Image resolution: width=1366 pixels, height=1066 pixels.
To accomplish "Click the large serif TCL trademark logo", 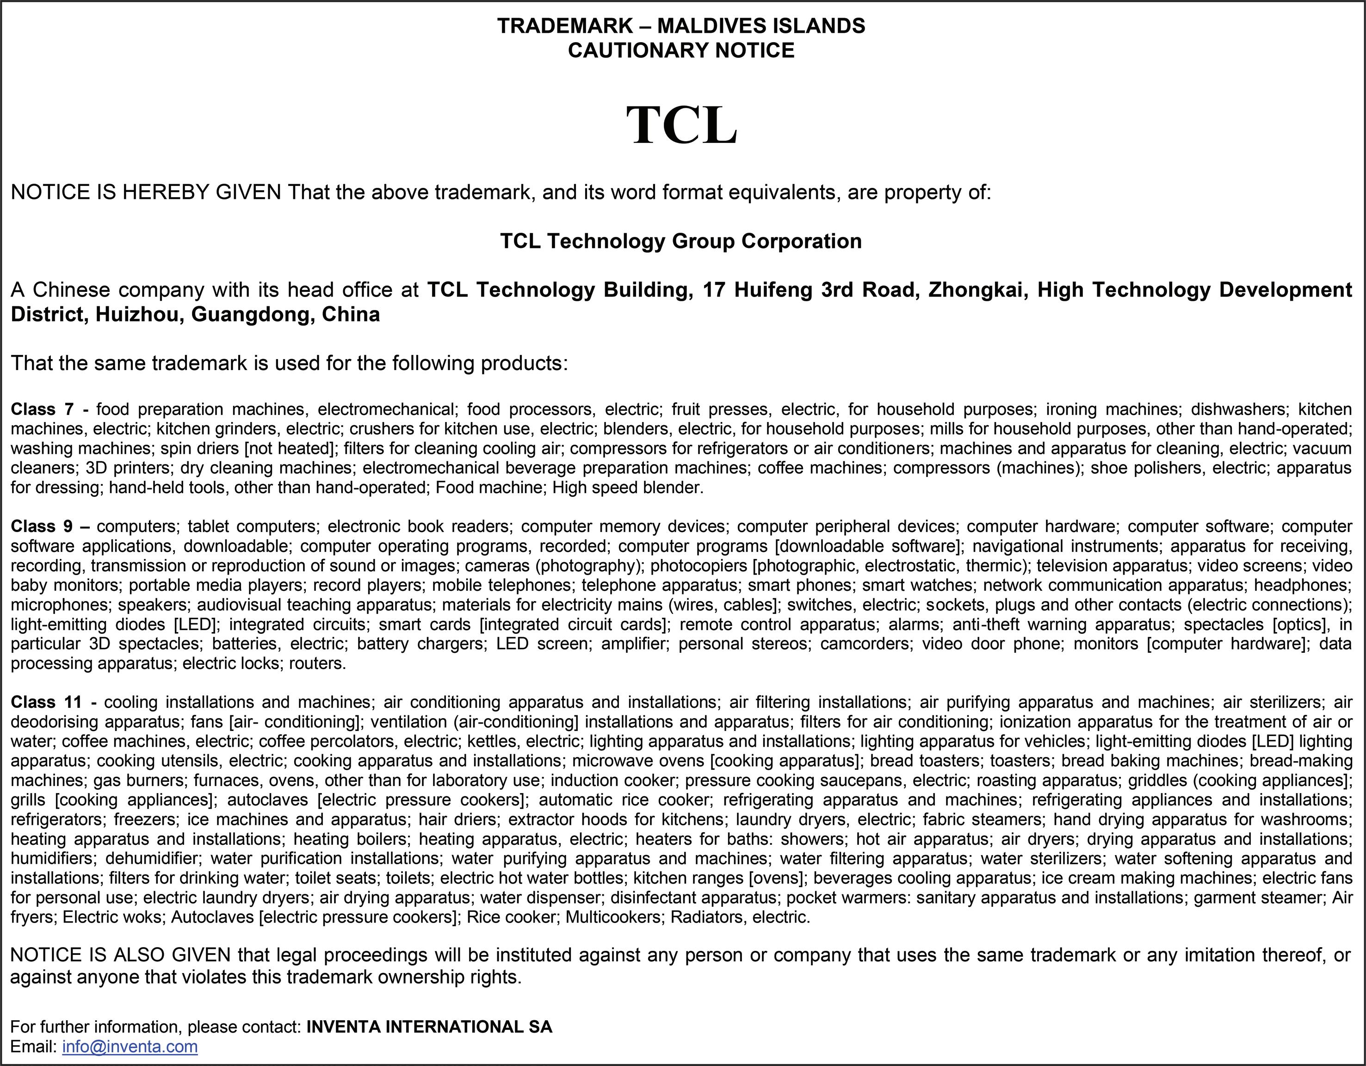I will click(x=682, y=126).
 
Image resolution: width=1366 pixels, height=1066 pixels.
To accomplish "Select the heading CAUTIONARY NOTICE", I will click(x=681, y=50).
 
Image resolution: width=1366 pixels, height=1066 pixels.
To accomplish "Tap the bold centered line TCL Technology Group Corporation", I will click(x=680, y=241).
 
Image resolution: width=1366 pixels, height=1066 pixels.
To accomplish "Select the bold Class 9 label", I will click(x=43, y=527).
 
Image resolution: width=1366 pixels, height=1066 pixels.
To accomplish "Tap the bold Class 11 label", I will click(x=46, y=702).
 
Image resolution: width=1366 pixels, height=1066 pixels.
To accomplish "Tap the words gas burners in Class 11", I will click(x=140, y=781).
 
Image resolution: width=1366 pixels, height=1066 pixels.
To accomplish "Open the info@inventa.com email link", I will click(x=130, y=1047).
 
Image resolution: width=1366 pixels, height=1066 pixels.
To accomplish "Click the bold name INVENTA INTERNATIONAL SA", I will click(x=429, y=1027).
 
